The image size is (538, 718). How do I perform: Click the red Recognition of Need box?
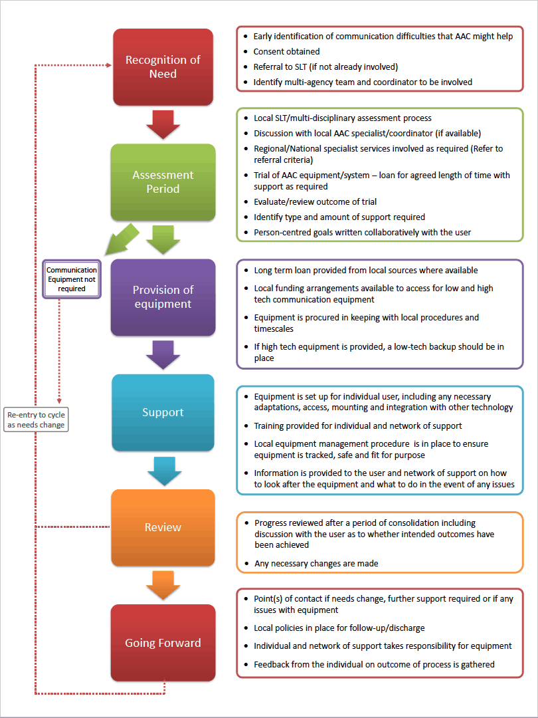click(x=163, y=67)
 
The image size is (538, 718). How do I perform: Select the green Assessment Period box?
click(x=163, y=181)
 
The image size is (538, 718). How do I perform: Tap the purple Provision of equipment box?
click(x=163, y=297)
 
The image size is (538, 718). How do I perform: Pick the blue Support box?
click(x=163, y=412)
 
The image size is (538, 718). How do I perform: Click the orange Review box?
click(x=163, y=527)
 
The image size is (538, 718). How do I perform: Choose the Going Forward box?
click(x=163, y=643)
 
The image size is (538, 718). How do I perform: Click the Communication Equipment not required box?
click(x=72, y=279)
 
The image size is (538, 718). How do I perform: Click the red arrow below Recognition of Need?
click(x=163, y=124)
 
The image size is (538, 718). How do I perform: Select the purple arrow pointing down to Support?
click(x=163, y=355)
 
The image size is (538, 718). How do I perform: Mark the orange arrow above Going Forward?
click(x=163, y=586)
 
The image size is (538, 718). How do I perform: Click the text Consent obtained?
click(x=286, y=51)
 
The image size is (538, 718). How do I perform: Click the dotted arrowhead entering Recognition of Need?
click(x=109, y=65)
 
